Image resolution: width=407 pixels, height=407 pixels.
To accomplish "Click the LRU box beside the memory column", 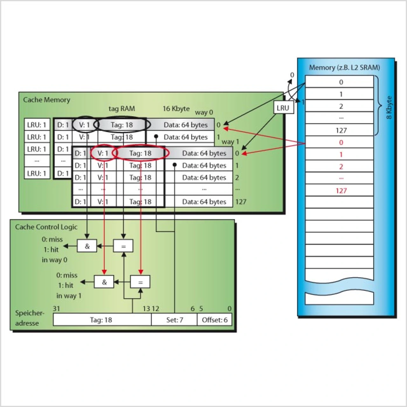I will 283,108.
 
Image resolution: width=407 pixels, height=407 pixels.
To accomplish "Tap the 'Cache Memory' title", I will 46,100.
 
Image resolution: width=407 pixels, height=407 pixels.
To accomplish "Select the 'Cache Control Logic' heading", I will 46,227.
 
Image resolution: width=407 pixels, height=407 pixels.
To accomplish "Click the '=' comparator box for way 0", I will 123,246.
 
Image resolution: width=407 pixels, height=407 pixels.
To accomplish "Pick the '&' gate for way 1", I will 104,282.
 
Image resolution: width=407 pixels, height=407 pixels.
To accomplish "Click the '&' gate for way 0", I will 87,246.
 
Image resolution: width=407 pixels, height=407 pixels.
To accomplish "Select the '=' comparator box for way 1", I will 140,282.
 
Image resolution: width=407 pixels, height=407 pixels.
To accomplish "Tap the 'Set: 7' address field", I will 174,320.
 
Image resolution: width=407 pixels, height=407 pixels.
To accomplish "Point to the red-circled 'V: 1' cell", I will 103,153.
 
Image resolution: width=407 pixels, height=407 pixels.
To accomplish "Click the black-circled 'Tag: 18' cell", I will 122,125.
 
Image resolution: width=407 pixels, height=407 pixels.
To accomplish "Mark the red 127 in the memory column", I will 341,191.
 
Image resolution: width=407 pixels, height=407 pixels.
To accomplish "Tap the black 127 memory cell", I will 341,130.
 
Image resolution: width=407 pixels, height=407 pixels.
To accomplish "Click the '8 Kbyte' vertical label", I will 389,107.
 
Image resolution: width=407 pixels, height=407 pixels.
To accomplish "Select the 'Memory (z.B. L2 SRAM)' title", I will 344,67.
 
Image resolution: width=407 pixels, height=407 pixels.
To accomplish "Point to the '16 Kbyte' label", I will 176,109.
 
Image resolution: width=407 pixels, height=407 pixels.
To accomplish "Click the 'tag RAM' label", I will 121,109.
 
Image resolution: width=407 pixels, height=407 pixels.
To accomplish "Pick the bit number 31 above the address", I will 56,308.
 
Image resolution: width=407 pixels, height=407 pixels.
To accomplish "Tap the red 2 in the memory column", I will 341,167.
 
